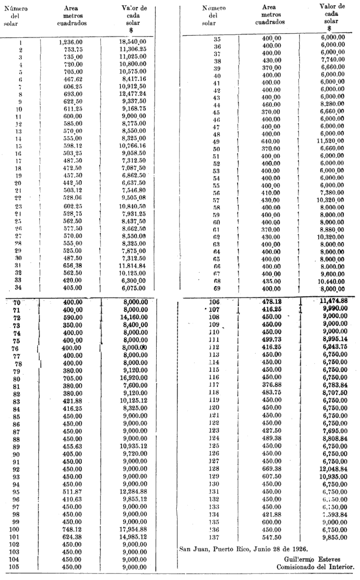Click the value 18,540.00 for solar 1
pos(133,41)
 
